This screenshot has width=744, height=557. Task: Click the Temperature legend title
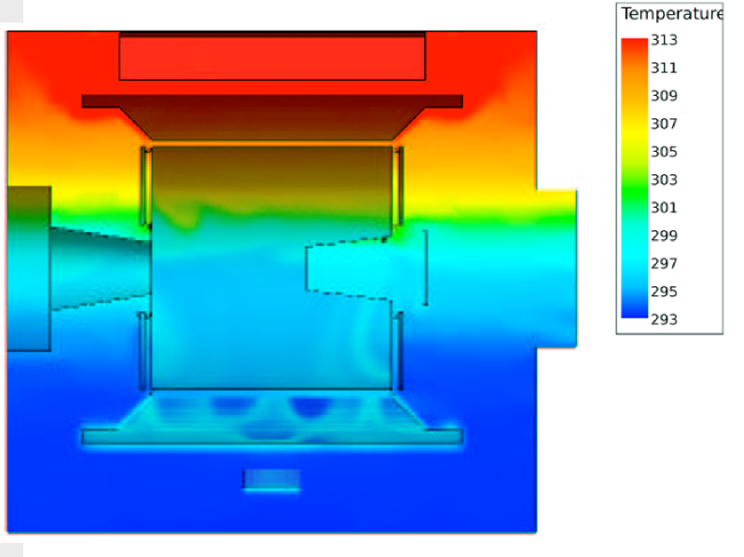(x=672, y=14)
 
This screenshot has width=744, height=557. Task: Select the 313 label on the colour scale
(x=664, y=40)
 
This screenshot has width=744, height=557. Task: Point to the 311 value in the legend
(x=664, y=68)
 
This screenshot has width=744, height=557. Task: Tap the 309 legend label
(x=664, y=96)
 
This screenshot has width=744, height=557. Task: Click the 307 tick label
(x=664, y=124)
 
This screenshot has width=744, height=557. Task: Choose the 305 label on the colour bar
(x=664, y=152)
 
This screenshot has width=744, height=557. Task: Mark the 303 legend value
(x=664, y=180)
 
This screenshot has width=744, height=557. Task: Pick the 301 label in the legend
(x=664, y=208)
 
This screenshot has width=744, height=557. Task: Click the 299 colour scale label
(x=664, y=236)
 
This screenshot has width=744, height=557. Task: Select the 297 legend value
(x=664, y=264)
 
